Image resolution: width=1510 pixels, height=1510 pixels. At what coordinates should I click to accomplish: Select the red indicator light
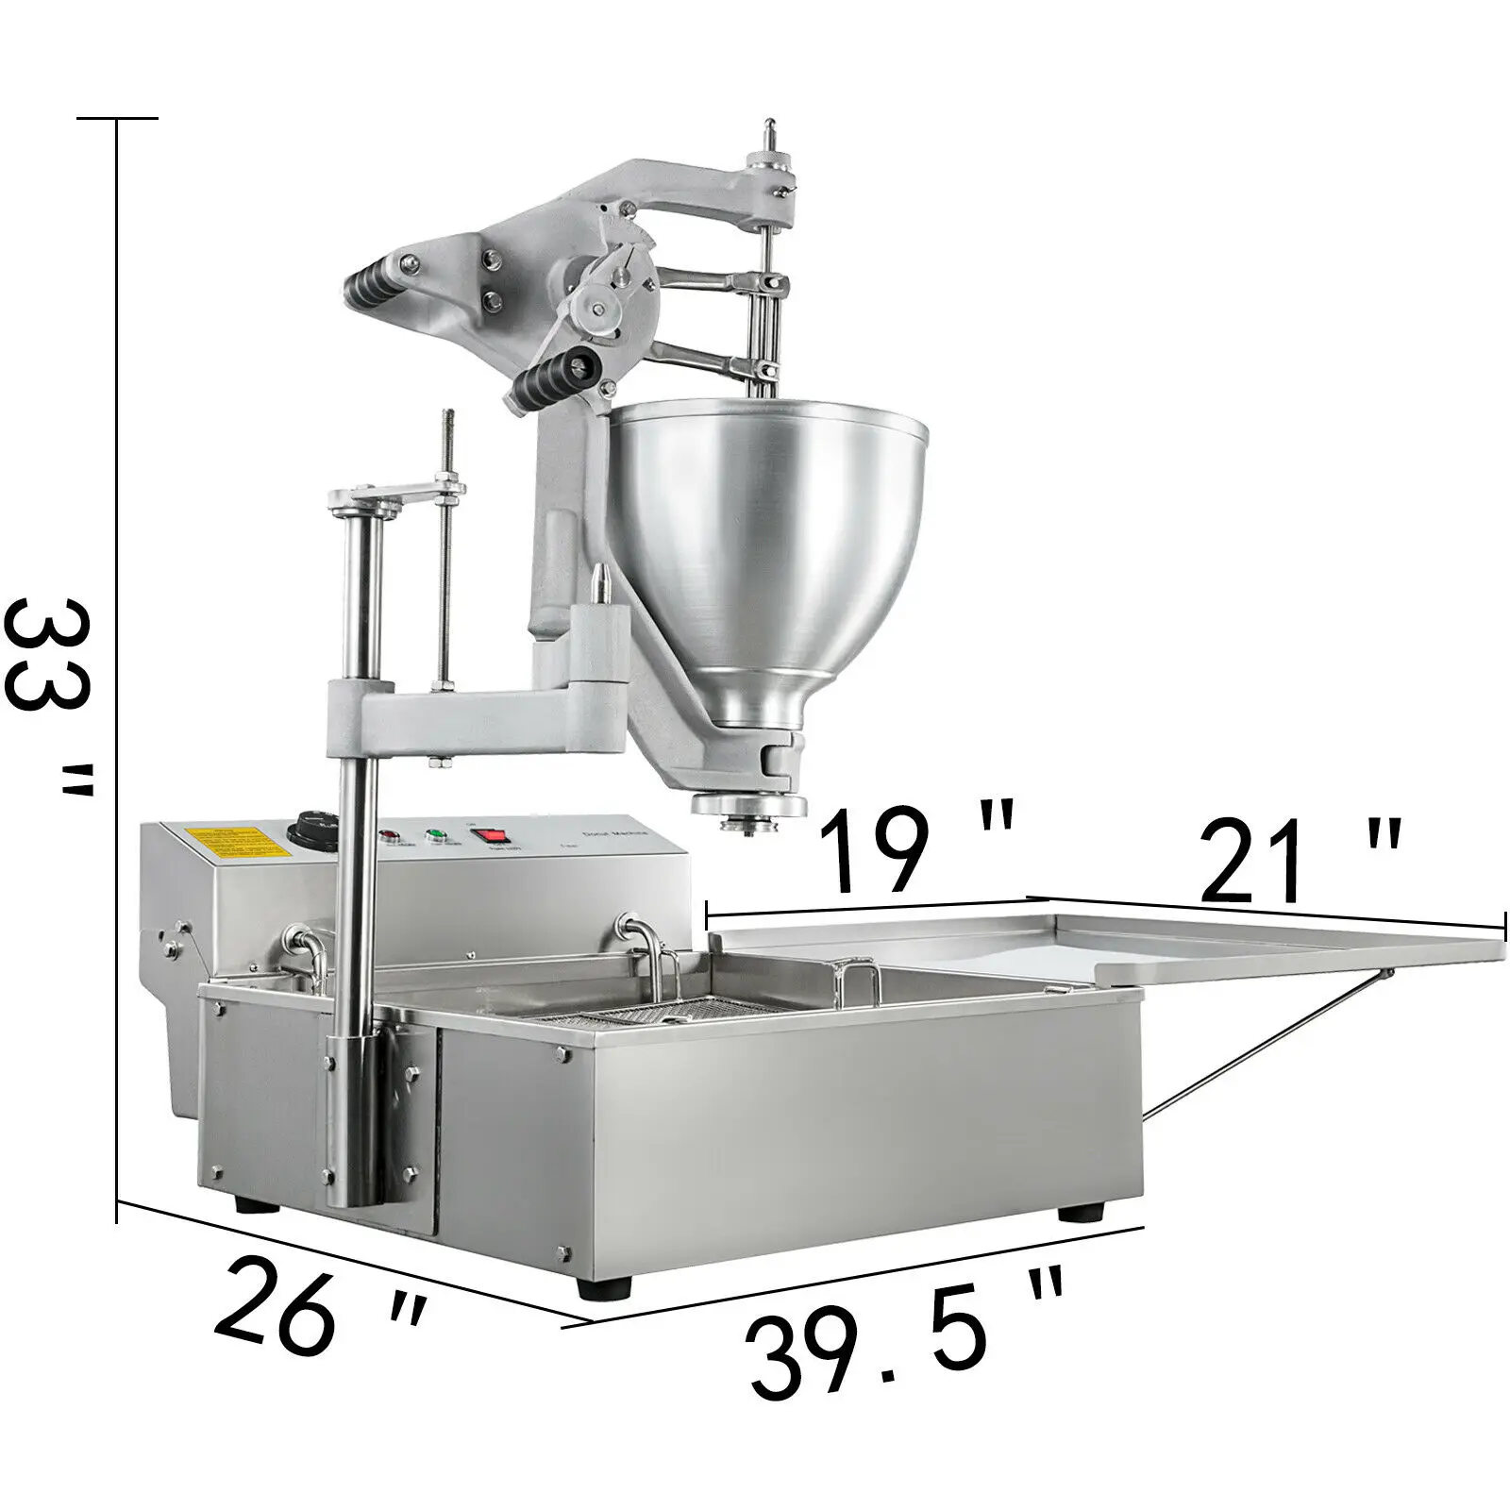(x=388, y=836)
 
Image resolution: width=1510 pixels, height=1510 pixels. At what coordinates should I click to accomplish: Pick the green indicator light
(x=436, y=835)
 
